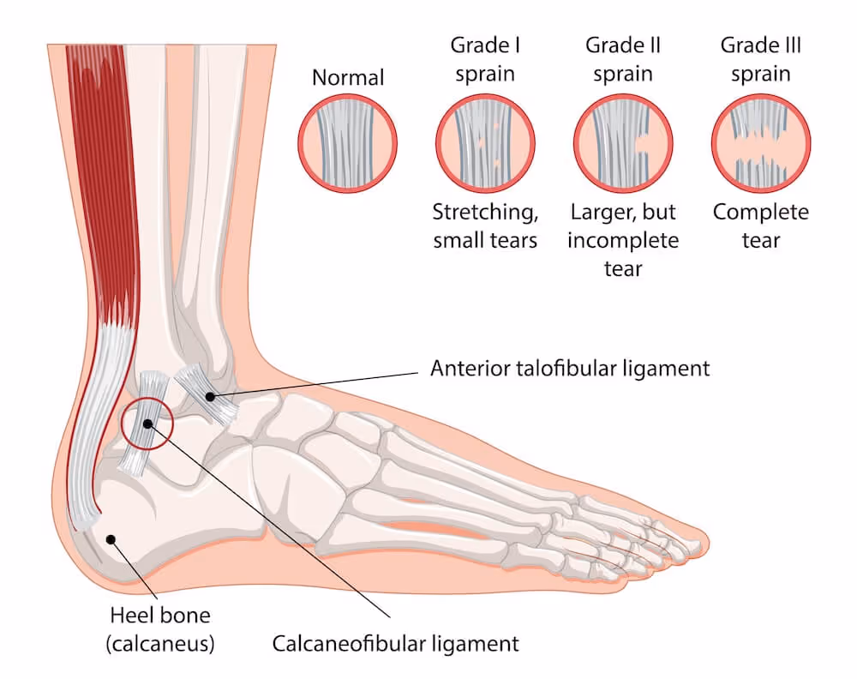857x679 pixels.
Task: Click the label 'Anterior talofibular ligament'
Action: (570, 369)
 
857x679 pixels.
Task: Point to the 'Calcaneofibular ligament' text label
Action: (395, 643)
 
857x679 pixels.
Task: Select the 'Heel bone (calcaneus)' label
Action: (160, 628)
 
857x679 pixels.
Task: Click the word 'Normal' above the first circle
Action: (348, 78)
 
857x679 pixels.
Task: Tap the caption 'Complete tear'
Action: (761, 225)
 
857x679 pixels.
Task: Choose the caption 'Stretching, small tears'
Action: (485, 225)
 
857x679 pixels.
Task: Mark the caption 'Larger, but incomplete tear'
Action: (623, 240)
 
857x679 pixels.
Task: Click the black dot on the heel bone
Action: (111, 538)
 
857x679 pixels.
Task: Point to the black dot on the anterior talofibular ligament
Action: (209, 396)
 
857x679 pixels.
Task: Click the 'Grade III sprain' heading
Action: (761, 57)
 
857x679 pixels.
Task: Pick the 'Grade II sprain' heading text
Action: (623, 57)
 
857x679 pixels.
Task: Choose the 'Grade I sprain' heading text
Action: (485, 57)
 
